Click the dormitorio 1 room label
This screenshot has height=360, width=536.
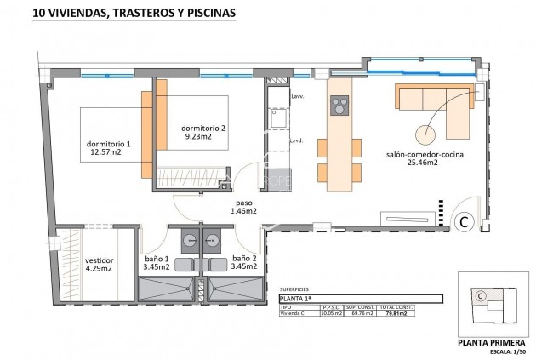point(108,144)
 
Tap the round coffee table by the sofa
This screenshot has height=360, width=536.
point(422,134)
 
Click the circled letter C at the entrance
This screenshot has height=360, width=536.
point(465,222)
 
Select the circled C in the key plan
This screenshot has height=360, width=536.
point(481,295)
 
